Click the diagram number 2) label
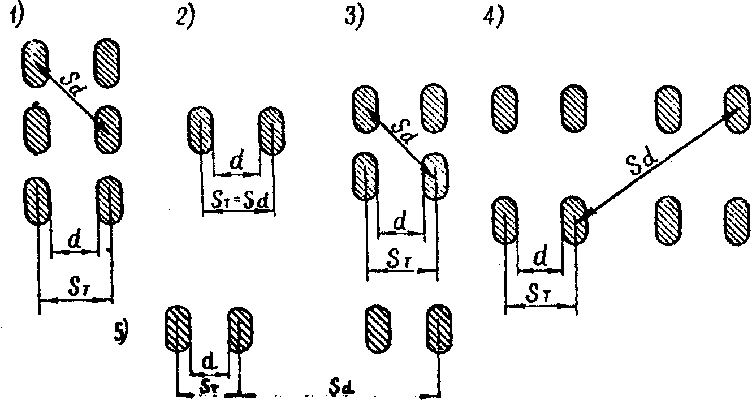185,18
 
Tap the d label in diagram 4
540,259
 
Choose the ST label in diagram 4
540,294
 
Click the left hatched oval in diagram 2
200,131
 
